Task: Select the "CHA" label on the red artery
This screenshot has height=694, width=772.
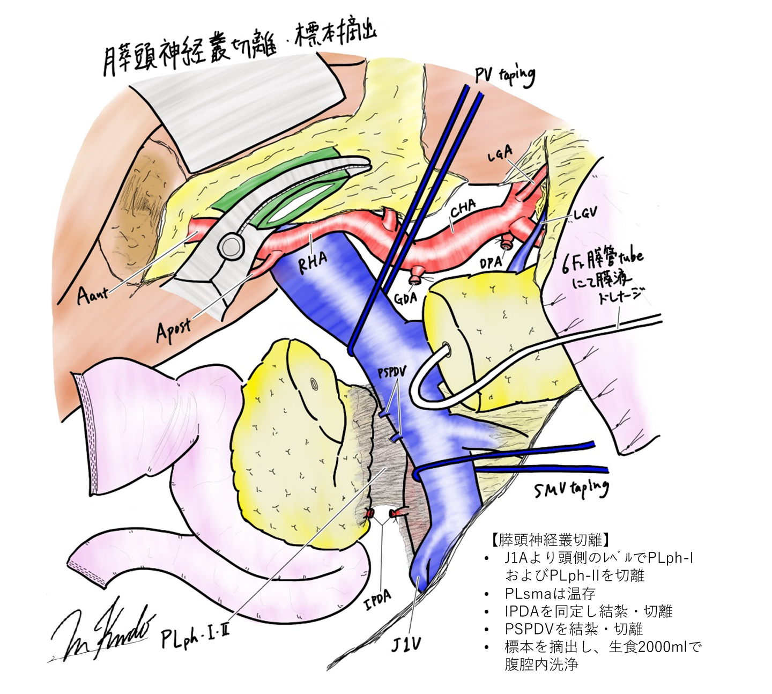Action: pyautogui.click(x=463, y=209)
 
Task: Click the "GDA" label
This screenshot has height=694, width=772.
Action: pyautogui.click(x=406, y=297)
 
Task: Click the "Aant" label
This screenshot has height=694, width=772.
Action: pyautogui.click(x=93, y=294)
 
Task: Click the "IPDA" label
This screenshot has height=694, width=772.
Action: pyautogui.click(x=378, y=600)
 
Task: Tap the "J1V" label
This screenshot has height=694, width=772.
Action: pyautogui.click(x=405, y=645)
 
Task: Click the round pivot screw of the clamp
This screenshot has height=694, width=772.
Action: pyautogui.click(x=230, y=246)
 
